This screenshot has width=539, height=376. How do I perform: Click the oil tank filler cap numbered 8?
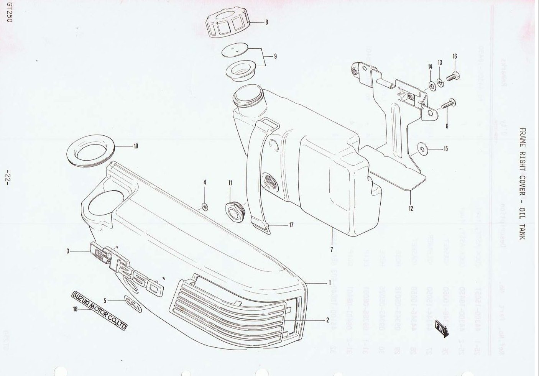pyautogui.click(x=227, y=23)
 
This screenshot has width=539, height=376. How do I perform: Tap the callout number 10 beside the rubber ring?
pyautogui.click(x=136, y=146)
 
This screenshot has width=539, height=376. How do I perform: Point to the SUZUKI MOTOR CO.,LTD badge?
pyautogui.click(x=99, y=310)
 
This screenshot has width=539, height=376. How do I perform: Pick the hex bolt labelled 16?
pyautogui.click(x=453, y=76)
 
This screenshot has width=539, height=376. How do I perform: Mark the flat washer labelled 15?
pyautogui.click(x=422, y=148)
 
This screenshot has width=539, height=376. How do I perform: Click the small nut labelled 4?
pyautogui.click(x=205, y=207)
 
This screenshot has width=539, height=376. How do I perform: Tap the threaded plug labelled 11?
pyautogui.click(x=235, y=212)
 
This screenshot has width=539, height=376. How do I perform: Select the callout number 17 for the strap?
pyautogui.click(x=291, y=225)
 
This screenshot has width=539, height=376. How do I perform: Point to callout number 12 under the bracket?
pyautogui.click(x=411, y=209)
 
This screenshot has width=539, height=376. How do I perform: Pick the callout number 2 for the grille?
pyautogui.click(x=327, y=320)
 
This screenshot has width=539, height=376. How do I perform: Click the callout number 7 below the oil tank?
pyautogui.click(x=332, y=250)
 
